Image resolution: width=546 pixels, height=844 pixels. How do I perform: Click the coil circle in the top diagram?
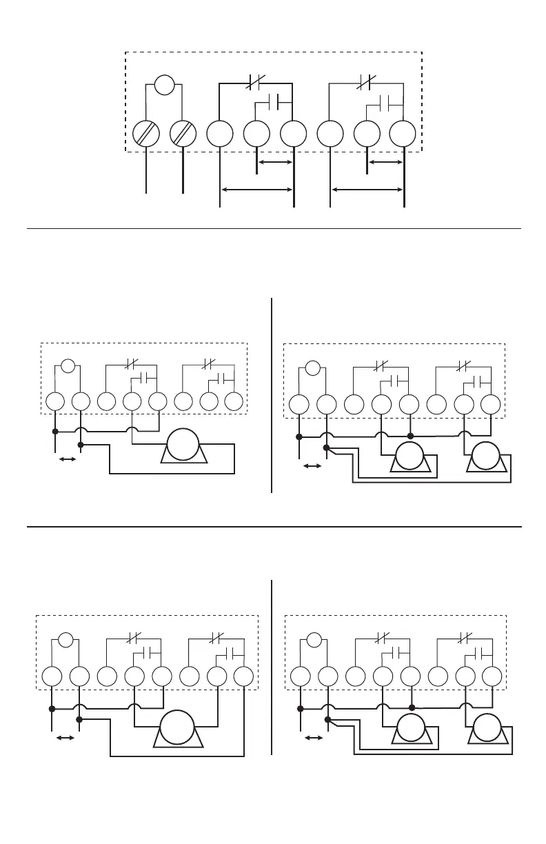coord(164,86)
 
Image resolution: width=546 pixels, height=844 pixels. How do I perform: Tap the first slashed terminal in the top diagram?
coord(145,133)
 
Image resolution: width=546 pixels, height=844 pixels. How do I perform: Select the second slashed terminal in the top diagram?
coord(183,133)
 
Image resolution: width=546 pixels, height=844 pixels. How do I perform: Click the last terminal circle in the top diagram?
coord(403,133)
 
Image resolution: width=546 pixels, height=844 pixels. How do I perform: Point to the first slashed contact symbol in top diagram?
coord(255,84)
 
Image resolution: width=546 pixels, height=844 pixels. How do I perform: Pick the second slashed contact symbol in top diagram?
coord(365,84)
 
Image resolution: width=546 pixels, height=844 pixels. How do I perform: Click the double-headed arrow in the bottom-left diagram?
coord(65,738)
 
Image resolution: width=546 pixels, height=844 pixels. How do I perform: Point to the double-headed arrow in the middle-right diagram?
coord(312,467)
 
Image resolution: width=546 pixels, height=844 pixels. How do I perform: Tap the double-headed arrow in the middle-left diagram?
coord(68,459)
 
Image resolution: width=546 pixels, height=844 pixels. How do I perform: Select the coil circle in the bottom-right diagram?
coord(314,639)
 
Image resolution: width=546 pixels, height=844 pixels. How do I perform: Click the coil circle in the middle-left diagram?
coord(68,365)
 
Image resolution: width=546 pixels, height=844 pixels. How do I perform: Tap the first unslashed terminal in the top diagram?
coord(219,133)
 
